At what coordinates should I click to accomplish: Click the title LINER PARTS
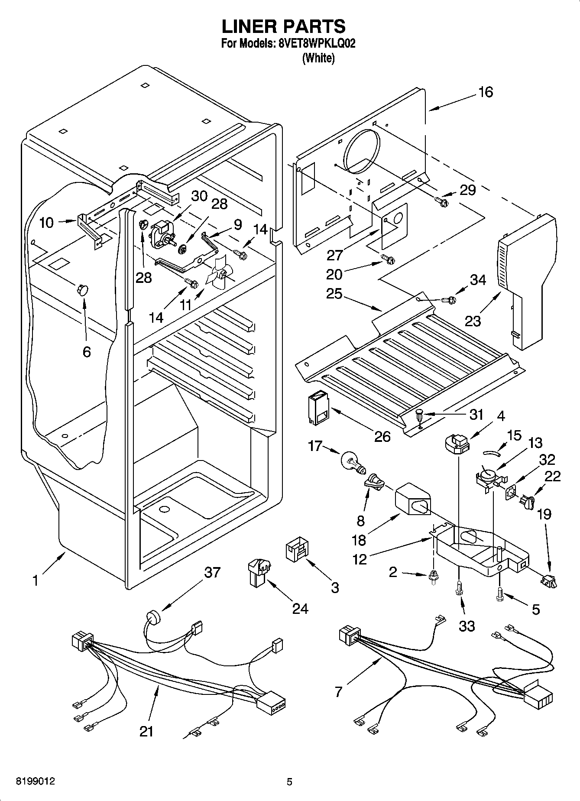pos(284,26)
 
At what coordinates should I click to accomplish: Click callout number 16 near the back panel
pos(486,92)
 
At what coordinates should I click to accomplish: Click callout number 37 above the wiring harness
pos(212,573)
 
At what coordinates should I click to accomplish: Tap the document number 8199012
pos(36,782)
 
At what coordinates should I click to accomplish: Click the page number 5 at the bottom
pos(289,782)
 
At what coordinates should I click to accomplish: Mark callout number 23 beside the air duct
pos(473,321)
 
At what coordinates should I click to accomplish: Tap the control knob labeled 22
pos(528,502)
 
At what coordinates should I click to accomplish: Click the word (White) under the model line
pos(318,58)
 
